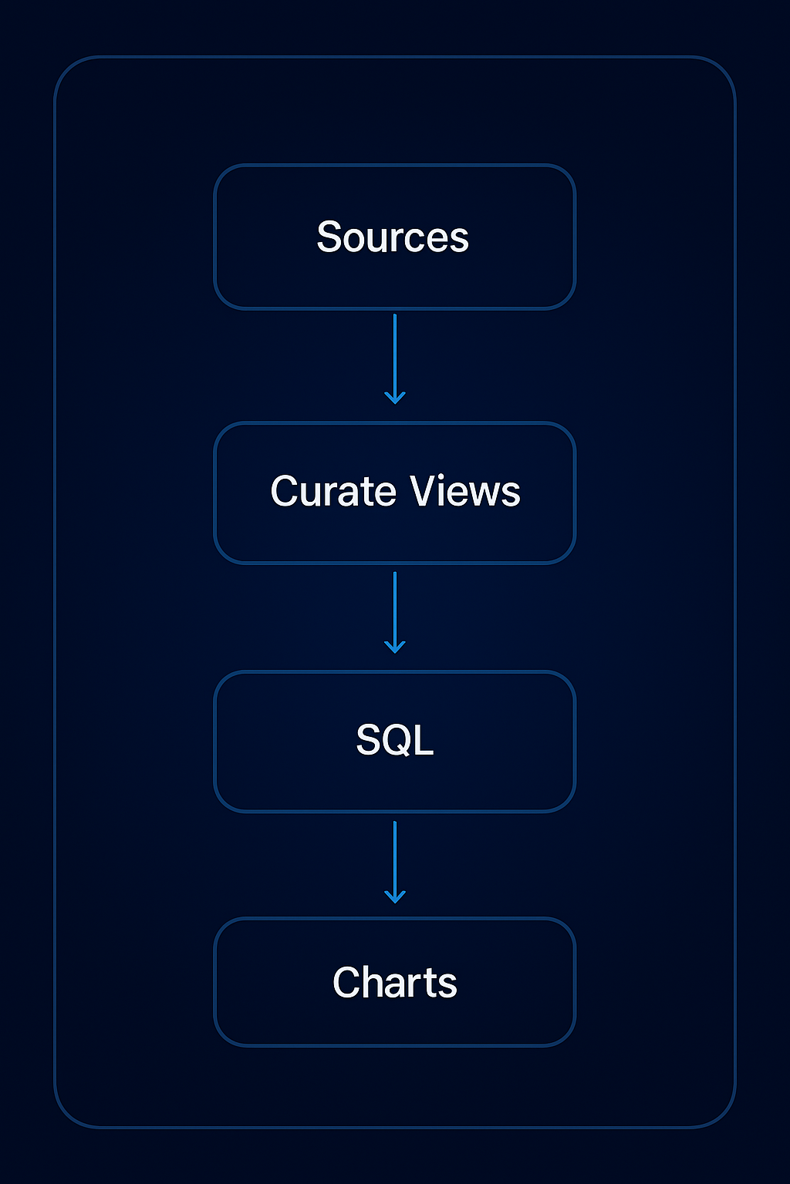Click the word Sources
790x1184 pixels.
[393, 237]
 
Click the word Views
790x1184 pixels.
[465, 491]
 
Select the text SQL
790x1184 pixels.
[394, 740]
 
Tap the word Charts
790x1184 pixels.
[394, 983]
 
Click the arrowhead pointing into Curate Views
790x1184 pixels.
[395, 399]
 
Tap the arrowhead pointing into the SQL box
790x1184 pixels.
[395, 648]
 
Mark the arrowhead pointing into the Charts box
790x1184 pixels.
[395, 898]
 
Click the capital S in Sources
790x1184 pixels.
[329, 237]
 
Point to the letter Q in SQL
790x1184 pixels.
[394, 741]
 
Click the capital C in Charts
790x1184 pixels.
[346, 983]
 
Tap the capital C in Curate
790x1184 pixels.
[285, 491]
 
